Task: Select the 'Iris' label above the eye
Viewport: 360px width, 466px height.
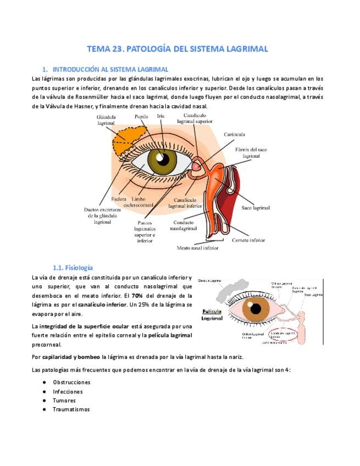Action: pos(160,116)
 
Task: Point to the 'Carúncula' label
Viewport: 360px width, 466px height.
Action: pos(234,134)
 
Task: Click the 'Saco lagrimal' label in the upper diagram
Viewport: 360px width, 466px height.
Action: pos(256,208)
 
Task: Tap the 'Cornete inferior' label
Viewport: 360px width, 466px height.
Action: pos(248,240)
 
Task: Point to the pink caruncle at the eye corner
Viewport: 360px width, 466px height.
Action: pos(197,165)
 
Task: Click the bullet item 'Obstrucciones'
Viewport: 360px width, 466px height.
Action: pos(71,382)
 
